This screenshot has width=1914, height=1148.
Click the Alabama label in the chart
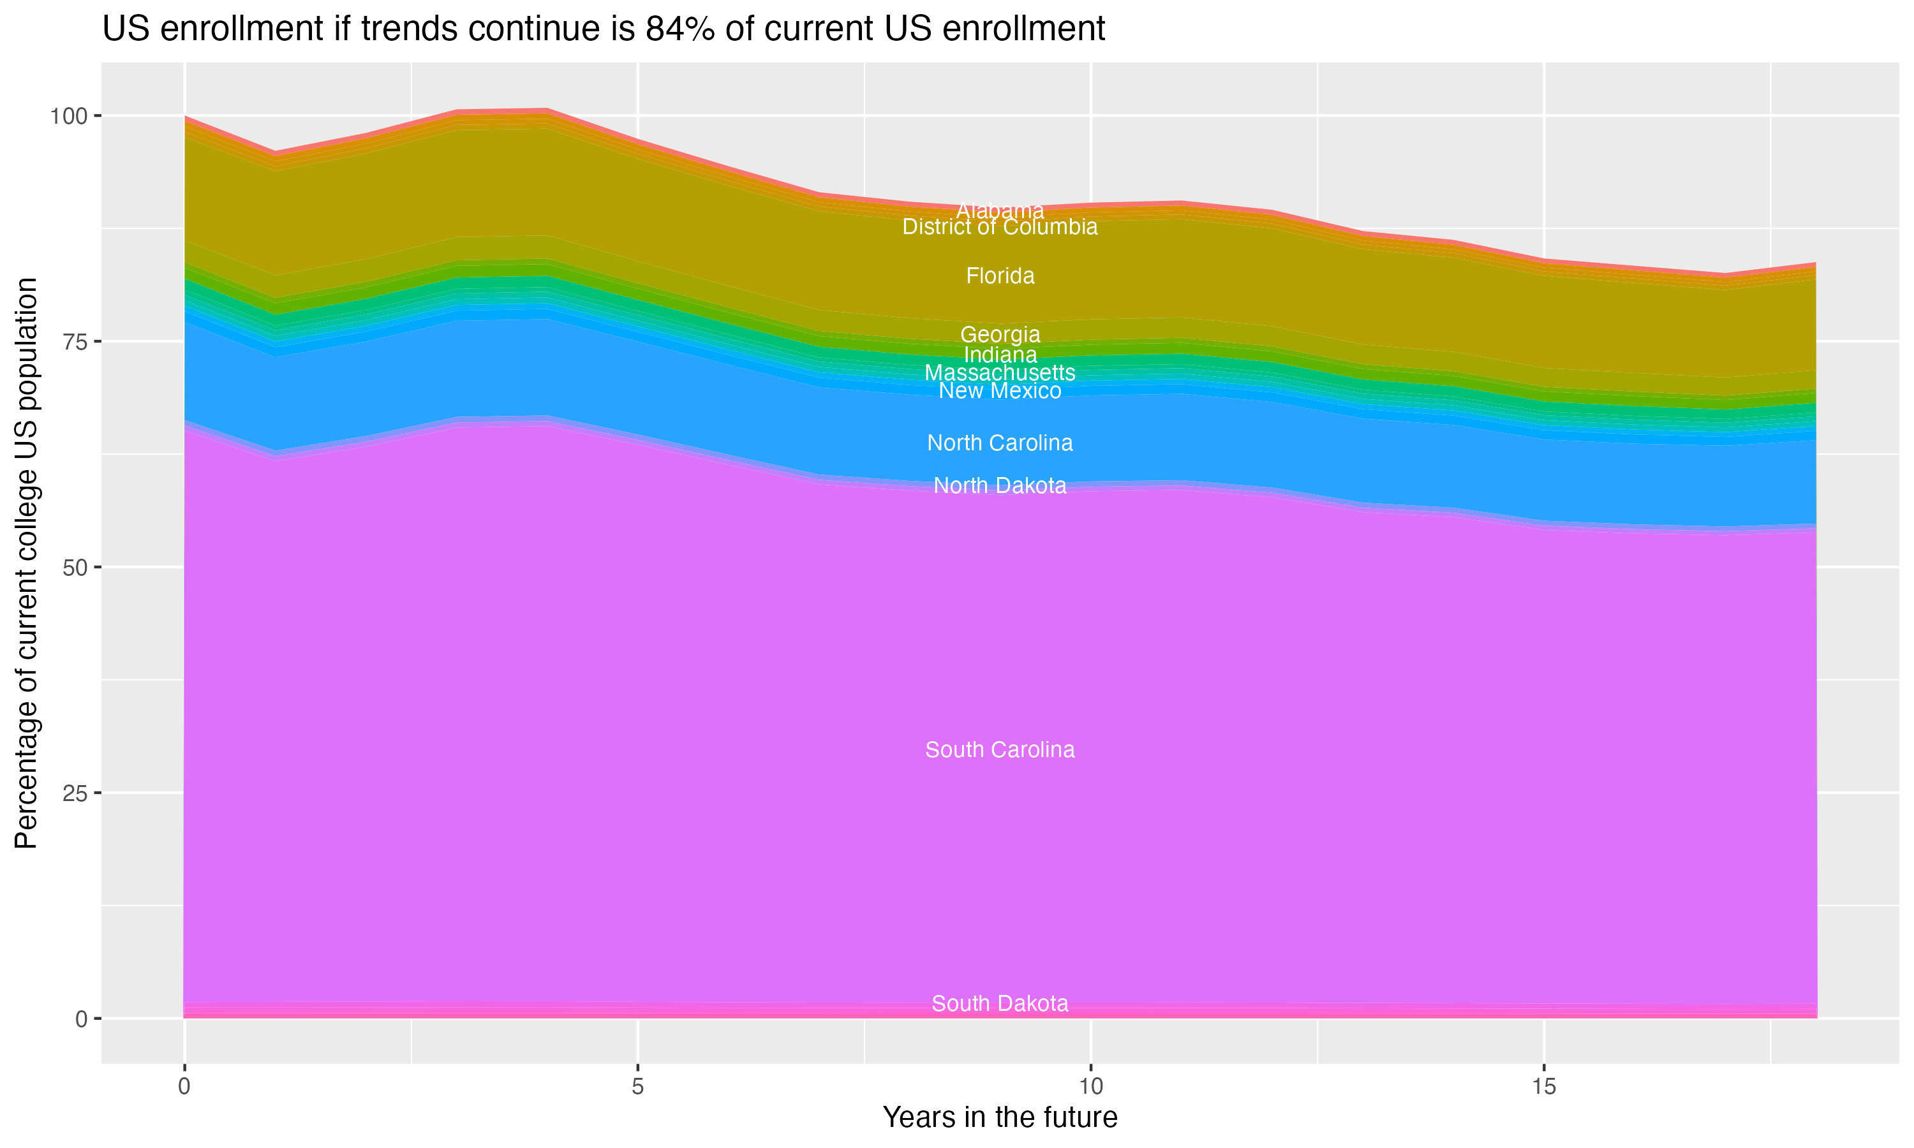1000,210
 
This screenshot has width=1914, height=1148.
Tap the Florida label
1000,276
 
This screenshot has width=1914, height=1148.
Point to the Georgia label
1000,334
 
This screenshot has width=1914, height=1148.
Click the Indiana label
1000,355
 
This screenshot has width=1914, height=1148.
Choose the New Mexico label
1000,391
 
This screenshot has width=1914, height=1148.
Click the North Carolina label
1000,443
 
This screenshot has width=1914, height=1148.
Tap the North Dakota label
1000,485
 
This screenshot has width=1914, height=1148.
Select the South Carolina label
1000,749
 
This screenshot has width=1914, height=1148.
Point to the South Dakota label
1000,1003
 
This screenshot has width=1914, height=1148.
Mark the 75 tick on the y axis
76,342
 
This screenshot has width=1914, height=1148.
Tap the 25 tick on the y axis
76,793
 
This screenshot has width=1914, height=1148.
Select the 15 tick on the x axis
1543,1087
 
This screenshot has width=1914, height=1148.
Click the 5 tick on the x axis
637,1087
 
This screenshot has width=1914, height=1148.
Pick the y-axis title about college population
26,563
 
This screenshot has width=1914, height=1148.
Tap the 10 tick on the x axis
1090,1087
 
